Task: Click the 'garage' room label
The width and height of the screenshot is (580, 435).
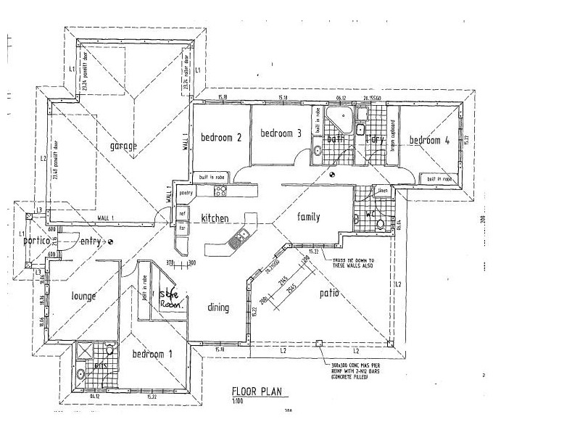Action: point(123,146)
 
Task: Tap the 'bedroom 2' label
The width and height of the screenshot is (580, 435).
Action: point(221,136)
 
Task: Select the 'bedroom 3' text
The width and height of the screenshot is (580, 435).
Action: point(281,133)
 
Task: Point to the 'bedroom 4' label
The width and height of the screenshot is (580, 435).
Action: point(429,141)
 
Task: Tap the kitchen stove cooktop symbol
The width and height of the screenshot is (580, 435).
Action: point(221,191)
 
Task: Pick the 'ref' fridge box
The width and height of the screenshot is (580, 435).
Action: point(183,214)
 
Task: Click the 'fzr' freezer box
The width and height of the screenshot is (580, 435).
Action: point(183,228)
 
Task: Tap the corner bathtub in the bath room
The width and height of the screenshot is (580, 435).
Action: point(336,119)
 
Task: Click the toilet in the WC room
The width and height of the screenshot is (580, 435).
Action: point(380,225)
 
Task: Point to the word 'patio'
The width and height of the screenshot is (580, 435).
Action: point(330,294)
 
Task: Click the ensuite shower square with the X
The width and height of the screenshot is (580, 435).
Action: point(84,352)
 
